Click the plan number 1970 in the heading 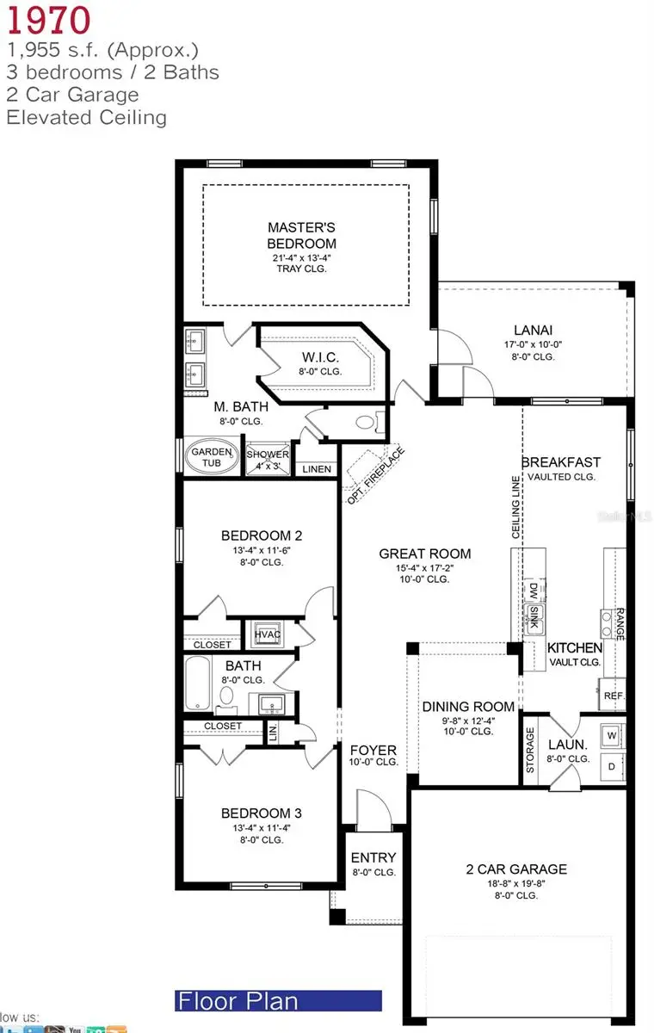(x=47, y=20)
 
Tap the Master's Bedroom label (x=301, y=235)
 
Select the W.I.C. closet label (x=320, y=357)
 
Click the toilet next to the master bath (x=366, y=423)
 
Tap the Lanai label (x=533, y=329)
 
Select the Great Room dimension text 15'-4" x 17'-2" (x=425, y=567)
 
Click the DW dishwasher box (x=534, y=591)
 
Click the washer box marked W (x=612, y=736)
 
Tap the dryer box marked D (x=612, y=765)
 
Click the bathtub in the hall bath (x=198, y=684)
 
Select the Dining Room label (x=468, y=707)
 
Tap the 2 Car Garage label (x=516, y=869)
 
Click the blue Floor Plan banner (x=277, y=1001)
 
